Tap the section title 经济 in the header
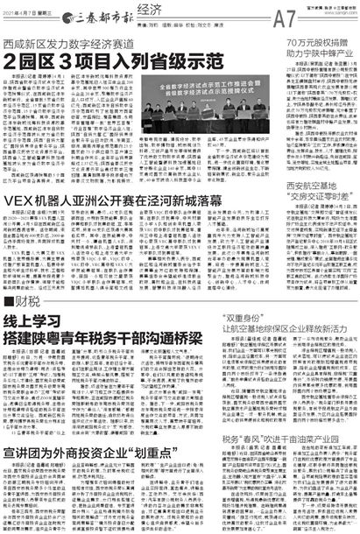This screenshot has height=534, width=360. click(x=176, y=9)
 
